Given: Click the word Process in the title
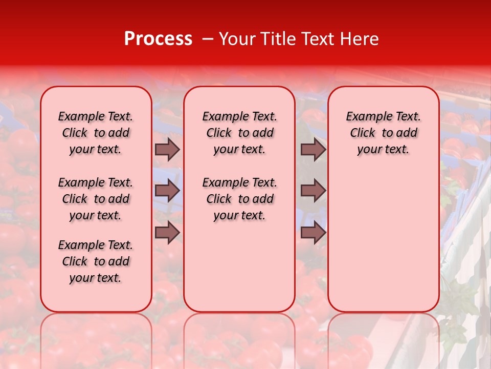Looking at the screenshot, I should [x=158, y=39].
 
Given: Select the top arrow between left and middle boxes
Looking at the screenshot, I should [x=167, y=150].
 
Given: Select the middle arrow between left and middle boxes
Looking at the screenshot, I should [x=167, y=191].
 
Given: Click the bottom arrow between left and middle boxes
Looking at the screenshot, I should [x=167, y=233].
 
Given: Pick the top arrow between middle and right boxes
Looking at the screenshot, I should [x=313, y=150].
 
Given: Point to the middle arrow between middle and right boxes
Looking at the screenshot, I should [x=313, y=191].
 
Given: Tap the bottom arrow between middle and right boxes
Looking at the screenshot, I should [x=313, y=233].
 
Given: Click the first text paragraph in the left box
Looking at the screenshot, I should [x=96, y=133].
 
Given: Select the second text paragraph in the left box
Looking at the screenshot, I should [x=96, y=199].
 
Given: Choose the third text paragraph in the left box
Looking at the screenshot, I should [x=96, y=261].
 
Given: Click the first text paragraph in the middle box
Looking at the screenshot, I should [x=239, y=133].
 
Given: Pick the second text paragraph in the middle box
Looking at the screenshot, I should [x=239, y=199].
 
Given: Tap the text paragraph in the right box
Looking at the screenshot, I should [x=384, y=133].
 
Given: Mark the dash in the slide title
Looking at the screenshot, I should [x=208, y=39].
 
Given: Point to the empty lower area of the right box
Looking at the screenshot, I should [x=384, y=241].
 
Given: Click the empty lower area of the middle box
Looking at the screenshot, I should [x=239, y=266].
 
